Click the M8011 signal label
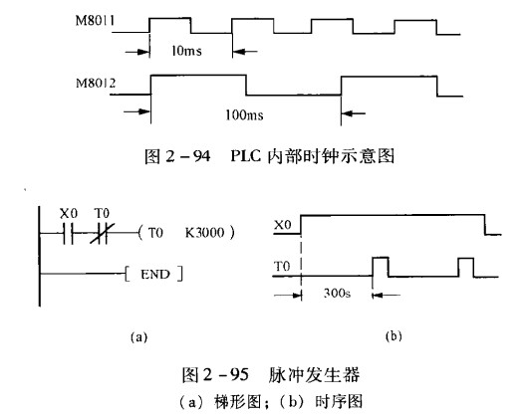pos(95,21)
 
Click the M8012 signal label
pos(96,83)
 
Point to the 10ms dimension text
pos(186,51)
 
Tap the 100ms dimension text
pos(244,115)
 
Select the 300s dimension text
pos(337,294)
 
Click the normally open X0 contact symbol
pos(68,232)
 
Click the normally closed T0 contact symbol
pos(102,232)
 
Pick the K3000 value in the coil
pos(204,232)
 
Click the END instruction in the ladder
pos(155,275)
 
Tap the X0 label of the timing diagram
pos(282,225)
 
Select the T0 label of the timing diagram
pos(282,267)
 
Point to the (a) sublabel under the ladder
pos(138,336)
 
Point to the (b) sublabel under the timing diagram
pos(394,335)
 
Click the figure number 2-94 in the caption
pos(187,156)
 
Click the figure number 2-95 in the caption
pos(225,374)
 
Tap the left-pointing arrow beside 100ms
pos(354,113)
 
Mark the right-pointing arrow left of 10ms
pos(137,52)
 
